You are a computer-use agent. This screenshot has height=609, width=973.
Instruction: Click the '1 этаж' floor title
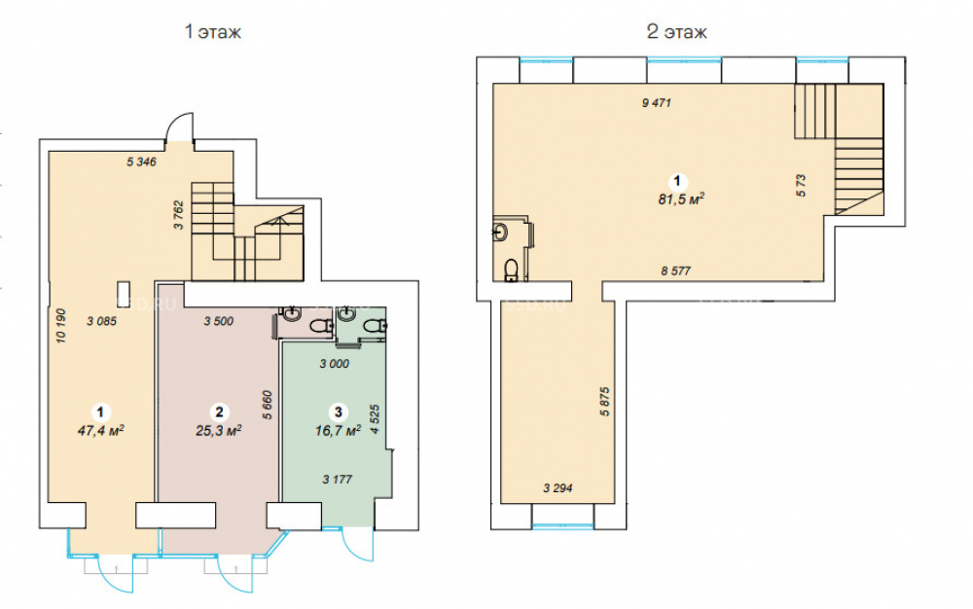point(213,32)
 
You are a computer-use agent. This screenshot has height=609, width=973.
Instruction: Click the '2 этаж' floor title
point(676,32)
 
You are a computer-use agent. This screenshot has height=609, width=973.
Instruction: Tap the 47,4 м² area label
point(100,430)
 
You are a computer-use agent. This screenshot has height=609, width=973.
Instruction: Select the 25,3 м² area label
point(218,430)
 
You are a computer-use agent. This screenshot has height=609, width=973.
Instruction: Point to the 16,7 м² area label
point(339,430)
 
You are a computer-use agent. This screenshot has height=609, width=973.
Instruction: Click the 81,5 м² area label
point(681,199)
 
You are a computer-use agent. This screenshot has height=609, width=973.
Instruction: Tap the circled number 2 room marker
point(219,412)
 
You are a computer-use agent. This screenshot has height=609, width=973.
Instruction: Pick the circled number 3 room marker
point(339,412)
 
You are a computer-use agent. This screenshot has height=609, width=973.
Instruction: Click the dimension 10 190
point(60,326)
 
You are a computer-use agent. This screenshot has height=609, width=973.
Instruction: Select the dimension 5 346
point(141,161)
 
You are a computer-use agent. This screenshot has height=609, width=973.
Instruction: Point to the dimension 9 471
point(657,103)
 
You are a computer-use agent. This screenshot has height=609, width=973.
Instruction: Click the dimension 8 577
point(676,271)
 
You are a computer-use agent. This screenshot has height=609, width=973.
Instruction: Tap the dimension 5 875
point(605,401)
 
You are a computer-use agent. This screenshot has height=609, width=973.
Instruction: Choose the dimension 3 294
point(558,488)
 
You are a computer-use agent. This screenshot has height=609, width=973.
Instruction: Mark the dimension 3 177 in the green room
point(338,479)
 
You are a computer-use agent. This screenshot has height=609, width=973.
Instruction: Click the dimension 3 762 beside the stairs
point(179,215)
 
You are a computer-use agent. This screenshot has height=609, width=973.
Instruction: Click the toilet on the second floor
point(512,269)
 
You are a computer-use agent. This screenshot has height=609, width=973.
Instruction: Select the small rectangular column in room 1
point(125,294)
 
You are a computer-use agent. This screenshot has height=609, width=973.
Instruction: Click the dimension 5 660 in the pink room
point(268,405)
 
